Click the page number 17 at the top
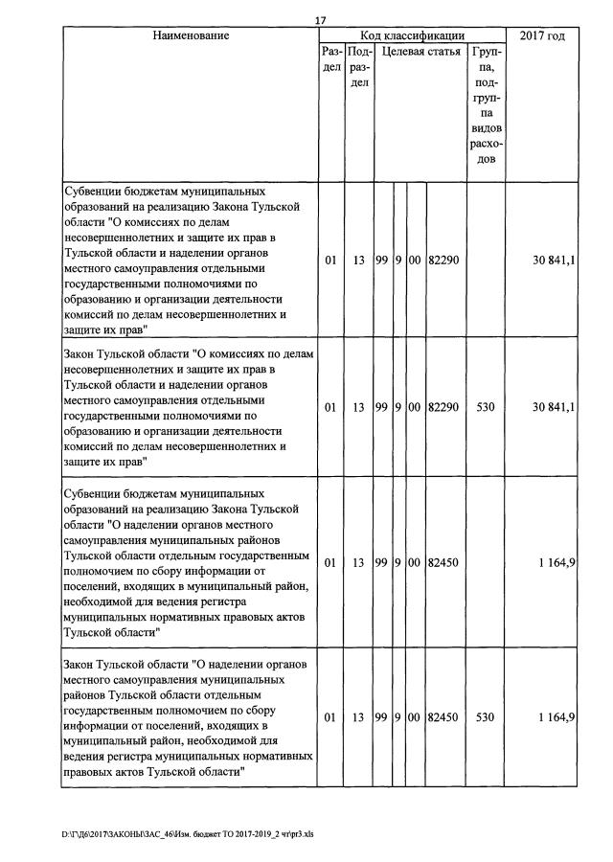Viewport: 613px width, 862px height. point(320,21)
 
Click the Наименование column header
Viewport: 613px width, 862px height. point(190,35)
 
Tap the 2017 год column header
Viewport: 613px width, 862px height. point(541,35)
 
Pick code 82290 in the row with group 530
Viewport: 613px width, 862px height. point(443,407)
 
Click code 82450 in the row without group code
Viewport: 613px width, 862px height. point(443,563)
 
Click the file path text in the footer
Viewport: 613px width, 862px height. point(188,833)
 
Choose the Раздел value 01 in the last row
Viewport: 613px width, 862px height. point(330,716)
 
